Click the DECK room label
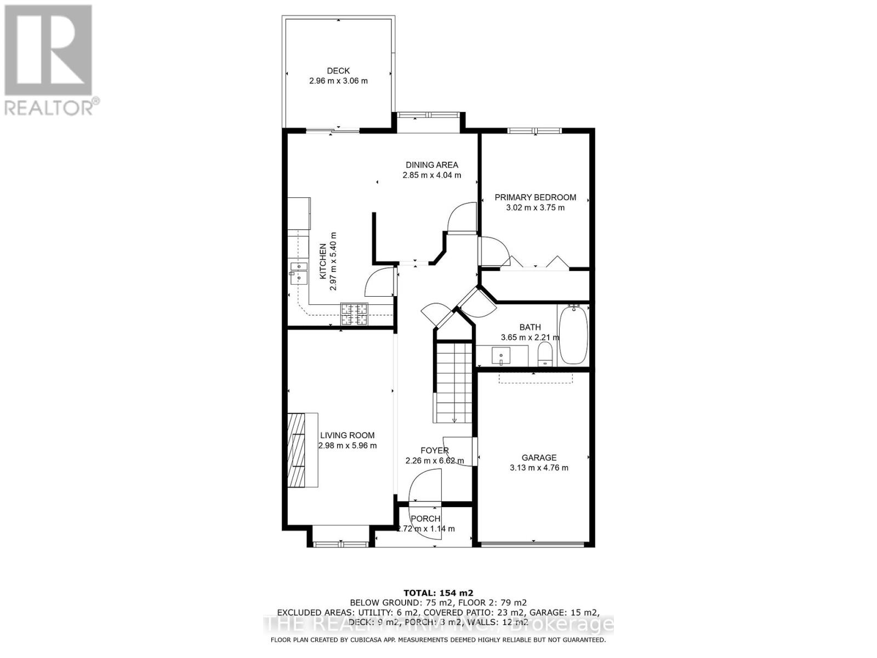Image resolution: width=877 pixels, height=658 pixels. [338, 71]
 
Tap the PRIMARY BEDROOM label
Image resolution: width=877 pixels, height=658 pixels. [535, 197]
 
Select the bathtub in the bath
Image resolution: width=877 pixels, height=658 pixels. [573, 335]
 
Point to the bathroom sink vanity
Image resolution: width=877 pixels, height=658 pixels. [502, 355]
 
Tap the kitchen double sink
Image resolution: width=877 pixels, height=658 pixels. [299, 272]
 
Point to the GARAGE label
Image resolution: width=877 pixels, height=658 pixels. [539, 457]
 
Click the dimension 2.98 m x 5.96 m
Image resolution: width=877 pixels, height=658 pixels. [348, 446]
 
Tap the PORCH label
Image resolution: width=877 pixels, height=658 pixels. [425, 519]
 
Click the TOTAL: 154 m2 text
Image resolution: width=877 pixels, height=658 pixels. [438, 593]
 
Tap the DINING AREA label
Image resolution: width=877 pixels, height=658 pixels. [432, 164]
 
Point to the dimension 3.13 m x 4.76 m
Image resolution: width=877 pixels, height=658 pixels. [539, 468]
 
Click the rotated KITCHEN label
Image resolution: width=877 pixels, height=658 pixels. [323, 262]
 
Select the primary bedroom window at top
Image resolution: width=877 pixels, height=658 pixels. [534, 131]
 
